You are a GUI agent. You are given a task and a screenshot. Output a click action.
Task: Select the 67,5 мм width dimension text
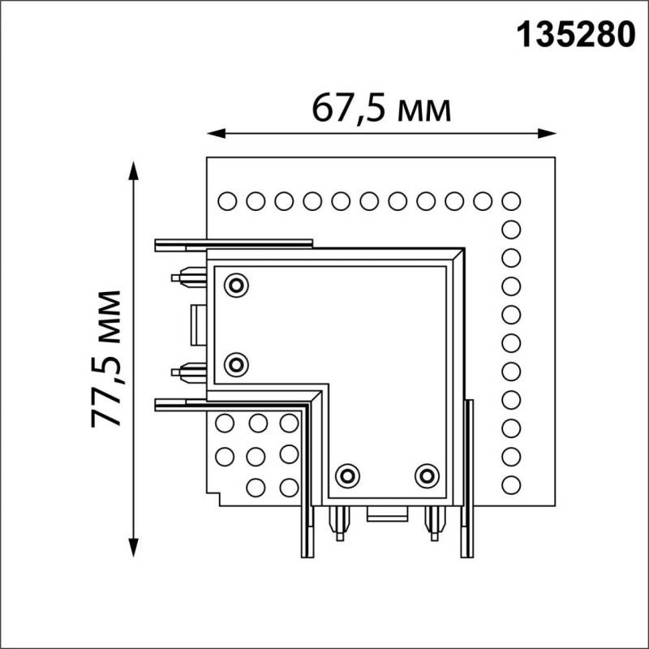pyautogui.click(x=381, y=108)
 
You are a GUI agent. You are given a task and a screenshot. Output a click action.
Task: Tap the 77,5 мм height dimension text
pyautogui.click(x=106, y=358)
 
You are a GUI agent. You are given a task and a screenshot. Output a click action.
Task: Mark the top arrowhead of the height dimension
pyautogui.click(x=133, y=167)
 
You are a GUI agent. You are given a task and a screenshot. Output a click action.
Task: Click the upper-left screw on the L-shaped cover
pyautogui.click(x=237, y=285)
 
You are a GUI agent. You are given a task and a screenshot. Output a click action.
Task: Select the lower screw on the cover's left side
pyautogui.click(x=237, y=364)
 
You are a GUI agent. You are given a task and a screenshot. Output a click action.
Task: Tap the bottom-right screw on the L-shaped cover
pyautogui.click(x=427, y=475)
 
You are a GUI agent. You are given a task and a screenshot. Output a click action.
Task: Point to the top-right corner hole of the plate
pyautogui.click(x=511, y=200)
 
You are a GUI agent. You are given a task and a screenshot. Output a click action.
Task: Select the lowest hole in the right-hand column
pyautogui.click(x=511, y=485)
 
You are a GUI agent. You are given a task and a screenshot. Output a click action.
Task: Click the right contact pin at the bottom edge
pyautogui.click(x=434, y=522)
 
